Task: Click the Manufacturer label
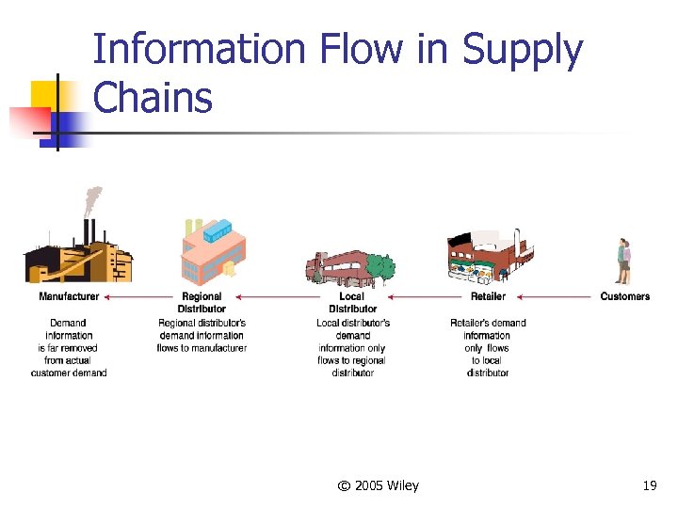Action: tap(69, 296)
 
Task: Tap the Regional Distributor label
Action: tap(202, 302)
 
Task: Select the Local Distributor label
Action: tap(353, 302)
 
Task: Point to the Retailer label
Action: tap(488, 296)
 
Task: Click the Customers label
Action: tap(624, 296)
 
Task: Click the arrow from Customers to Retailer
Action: tap(556, 297)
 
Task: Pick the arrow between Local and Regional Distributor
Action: tap(277, 297)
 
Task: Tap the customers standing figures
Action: tap(623, 261)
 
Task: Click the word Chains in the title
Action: tap(153, 97)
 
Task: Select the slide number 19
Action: tap(649, 485)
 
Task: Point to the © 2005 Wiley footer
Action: tap(379, 485)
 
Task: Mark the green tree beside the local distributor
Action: tap(379, 268)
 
